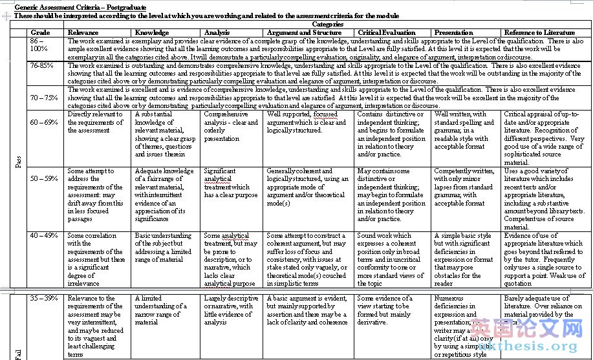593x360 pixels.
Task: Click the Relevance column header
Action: click(x=83, y=32)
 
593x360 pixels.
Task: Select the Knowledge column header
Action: click(x=152, y=32)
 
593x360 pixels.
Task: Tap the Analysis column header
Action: click(x=217, y=32)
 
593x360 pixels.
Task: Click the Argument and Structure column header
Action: click(x=304, y=32)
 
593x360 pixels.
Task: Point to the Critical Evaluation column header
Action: click(x=387, y=32)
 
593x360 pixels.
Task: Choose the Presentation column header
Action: click(x=453, y=32)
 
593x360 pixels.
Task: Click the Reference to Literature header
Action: click(x=539, y=32)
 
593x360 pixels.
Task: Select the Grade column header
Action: click(x=40, y=32)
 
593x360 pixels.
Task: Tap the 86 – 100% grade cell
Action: click(x=39, y=45)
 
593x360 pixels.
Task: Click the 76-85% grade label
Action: click(x=41, y=65)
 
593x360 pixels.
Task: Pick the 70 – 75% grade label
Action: click(x=43, y=98)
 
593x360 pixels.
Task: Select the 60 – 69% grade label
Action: click(x=43, y=122)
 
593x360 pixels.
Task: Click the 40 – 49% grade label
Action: click(x=43, y=236)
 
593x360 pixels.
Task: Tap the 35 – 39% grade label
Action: click(x=43, y=299)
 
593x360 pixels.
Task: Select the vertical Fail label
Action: click(x=18, y=354)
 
